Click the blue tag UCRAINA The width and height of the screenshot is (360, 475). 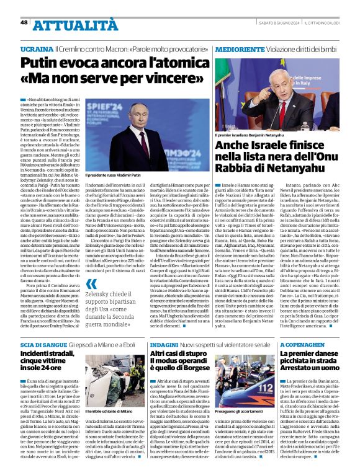coord(36,48)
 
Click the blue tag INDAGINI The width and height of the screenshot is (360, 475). coord(163,344)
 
